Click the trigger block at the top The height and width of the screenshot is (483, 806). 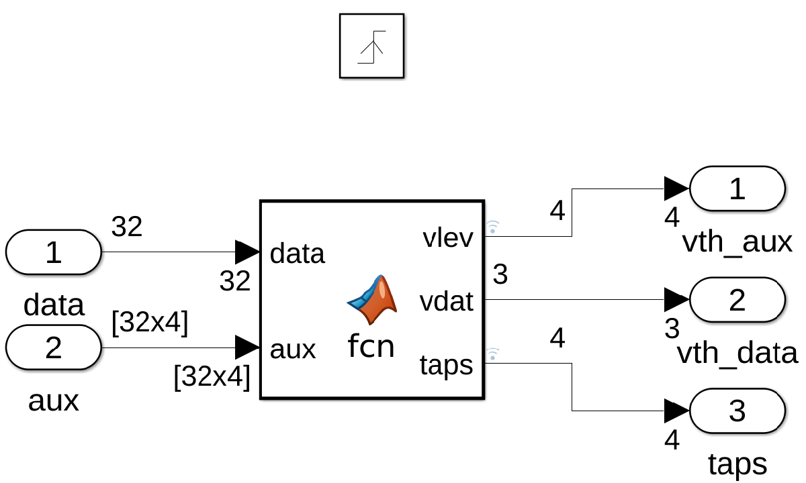(x=371, y=46)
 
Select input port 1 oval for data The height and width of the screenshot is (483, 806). (x=54, y=252)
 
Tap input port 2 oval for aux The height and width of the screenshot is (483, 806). (x=54, y=347)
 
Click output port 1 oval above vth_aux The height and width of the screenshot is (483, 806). (x=737, y=189)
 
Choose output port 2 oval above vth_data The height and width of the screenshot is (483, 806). (x=737, y=299)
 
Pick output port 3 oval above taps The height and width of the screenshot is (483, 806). (x=737, y=411)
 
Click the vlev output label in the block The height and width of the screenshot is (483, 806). (x=448, y=237)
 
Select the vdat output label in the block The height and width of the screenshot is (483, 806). (x=447, y=301)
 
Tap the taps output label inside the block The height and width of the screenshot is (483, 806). (x=447, y=365)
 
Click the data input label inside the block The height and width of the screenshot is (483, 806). (x=297, y=254)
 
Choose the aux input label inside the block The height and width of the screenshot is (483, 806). (x=292, y=349)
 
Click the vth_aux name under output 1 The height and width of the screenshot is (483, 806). (x=737, y=242)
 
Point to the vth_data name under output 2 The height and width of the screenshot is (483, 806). (x=737, y=353)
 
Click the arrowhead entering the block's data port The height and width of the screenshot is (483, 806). (x=247, y=252)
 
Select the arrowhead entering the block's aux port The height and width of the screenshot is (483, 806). (x=247, y=347)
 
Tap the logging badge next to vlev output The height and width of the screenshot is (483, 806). (x=492, y=226)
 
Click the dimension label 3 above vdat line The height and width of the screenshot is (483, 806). (x=500, y=274)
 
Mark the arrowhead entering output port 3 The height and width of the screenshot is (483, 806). (x=676, y=411)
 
